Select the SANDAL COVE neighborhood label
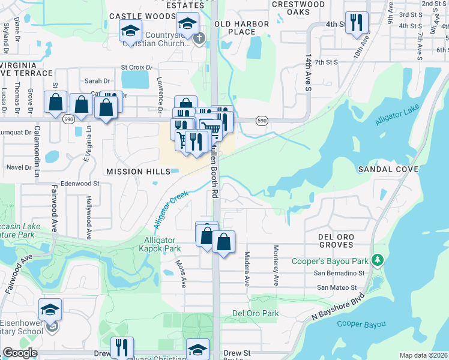387,170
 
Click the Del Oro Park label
255,313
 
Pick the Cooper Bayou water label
361,324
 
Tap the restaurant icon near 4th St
357,23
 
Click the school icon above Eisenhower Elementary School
50,309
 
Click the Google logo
20,352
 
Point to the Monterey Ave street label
276,264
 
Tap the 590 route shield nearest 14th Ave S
262,121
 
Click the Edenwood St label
80,183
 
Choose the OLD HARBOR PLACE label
235,28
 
